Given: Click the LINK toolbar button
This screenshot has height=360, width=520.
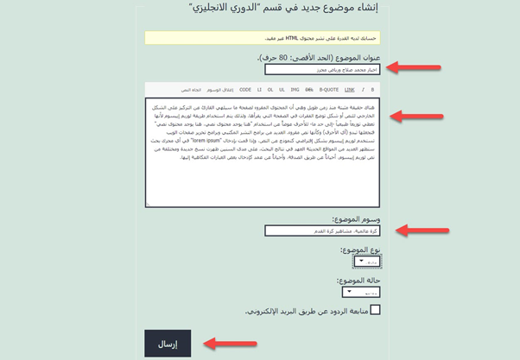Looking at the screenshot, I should [349, 89].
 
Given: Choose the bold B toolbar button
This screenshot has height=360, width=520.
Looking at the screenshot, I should [373, 89].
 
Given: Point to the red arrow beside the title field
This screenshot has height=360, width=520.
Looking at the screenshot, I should [415, 66].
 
